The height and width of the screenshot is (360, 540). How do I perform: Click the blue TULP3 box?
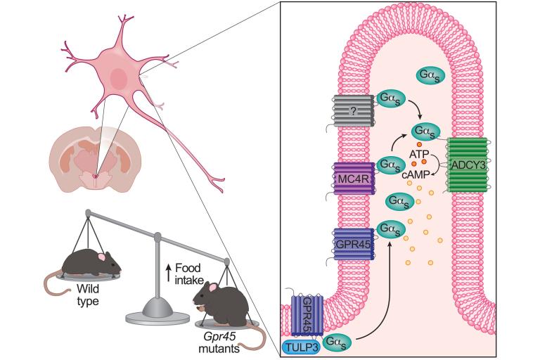point(301,347)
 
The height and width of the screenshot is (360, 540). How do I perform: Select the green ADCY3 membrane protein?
point(468,165)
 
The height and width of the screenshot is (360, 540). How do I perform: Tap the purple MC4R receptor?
point(354,179)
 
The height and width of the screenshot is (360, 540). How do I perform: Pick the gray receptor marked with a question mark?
point(353,111)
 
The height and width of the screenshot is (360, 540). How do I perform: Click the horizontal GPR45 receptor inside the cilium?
point(354,245)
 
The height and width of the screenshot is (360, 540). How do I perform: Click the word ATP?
point(419,154)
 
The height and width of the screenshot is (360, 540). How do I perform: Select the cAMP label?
point(416,174)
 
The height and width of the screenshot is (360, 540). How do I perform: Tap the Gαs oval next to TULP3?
point(337,343)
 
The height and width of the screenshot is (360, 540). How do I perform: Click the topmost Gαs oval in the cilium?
point(430,75)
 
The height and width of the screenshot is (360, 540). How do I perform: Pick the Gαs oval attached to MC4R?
point(390,165)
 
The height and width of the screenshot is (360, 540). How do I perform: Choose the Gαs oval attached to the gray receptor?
point(390,98)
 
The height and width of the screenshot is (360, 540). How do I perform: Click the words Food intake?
point(188,274)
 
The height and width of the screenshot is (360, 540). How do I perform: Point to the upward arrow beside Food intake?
point(169,272)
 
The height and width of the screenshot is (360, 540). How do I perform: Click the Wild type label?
point(88,295)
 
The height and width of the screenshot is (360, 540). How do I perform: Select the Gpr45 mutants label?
point(219,342)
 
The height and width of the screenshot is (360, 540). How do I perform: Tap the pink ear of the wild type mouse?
point(102,257)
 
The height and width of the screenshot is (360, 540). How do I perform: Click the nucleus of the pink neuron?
point(118,77)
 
